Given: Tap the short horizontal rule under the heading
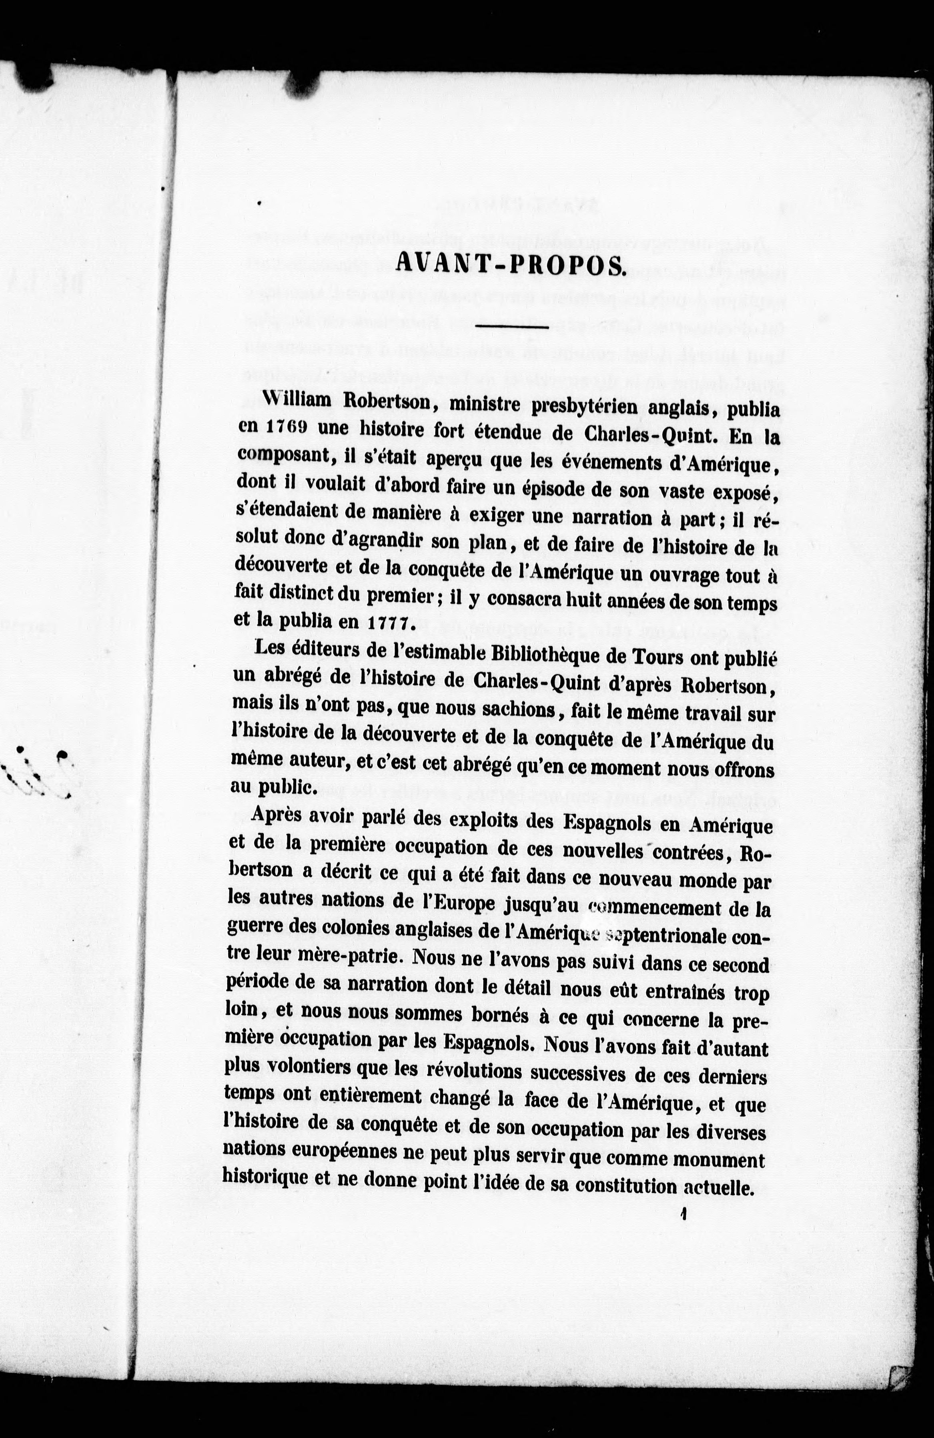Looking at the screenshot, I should pyautogui.click(x=512, y=327).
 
